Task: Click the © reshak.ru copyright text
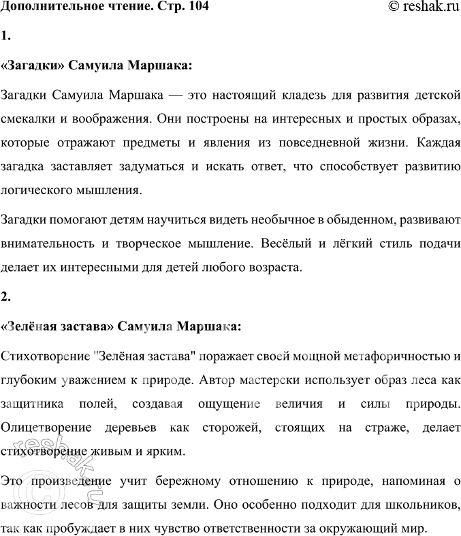[x=415, y=8]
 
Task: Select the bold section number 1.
[x=6, y=36]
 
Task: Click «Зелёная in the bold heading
[x=32, y=326]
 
